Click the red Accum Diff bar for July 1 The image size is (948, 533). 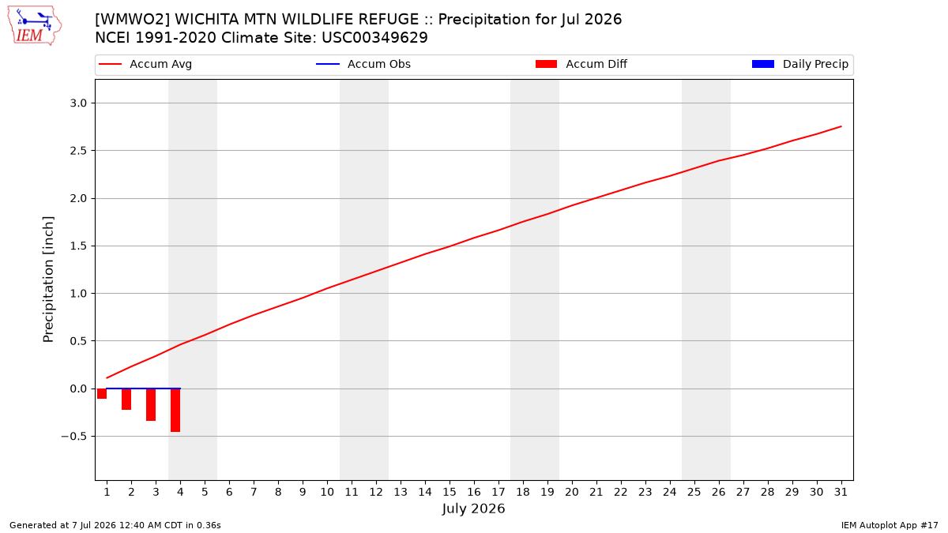102,393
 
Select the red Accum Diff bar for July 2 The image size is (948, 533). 126,399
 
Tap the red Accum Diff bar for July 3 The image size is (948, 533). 151,404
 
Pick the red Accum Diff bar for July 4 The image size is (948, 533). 175,410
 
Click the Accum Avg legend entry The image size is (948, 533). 145,64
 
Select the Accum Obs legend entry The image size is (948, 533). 363,64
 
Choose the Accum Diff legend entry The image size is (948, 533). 581,64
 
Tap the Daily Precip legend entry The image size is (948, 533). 799,64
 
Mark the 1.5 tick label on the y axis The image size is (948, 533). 78,246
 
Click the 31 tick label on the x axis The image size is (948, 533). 841,492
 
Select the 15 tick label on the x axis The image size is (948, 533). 450,492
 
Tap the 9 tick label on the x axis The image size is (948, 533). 303,492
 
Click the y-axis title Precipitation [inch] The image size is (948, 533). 48,280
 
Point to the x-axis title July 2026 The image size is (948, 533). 473,509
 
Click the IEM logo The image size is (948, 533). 34,26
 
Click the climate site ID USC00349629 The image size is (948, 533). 374,38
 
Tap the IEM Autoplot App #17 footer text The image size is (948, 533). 890,525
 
